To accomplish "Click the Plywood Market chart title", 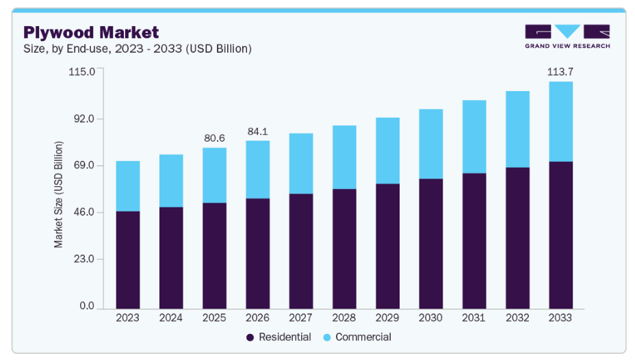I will tap(91, 32).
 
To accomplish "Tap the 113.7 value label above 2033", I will tap(560, 72).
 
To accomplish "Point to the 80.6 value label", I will tap(215, 138).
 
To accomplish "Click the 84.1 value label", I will tap(258, 131).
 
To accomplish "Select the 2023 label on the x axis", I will tap(128, 318).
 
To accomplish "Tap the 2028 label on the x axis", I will tap(344, 318).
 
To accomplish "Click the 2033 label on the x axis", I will tap(560, 318).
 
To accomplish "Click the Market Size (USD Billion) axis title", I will tap(59, 194).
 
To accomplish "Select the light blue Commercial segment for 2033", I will tap(560, 122).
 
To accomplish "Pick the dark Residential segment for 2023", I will tap(128, 260).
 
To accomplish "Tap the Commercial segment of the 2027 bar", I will tap(301, 164).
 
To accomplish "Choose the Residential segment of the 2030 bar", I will tap(431, 243).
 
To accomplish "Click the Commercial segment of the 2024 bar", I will tap(171, 181).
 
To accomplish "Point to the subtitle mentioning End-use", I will tap(138, 49).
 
